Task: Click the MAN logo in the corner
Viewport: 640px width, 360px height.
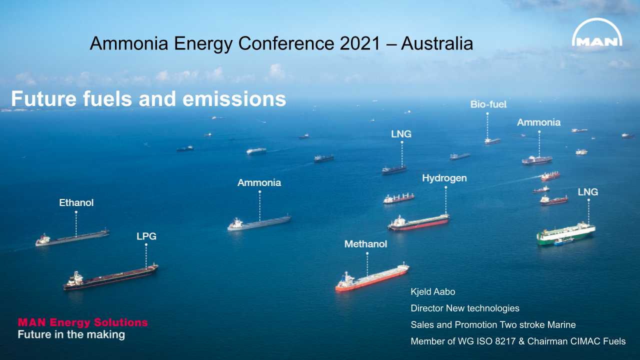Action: pos(597,35)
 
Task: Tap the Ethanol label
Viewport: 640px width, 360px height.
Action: pos(76,203)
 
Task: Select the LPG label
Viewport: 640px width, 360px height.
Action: pos(146,236)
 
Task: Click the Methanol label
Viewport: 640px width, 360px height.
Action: pos(365,244)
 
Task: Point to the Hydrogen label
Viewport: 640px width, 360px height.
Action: pos(444,178)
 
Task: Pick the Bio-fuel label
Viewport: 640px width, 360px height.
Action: pos(488,104)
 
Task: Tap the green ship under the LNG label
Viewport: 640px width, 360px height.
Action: pos(566,233)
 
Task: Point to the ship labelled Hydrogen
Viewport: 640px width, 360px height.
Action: pos(418,222)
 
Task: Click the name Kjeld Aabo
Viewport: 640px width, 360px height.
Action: pos(433,291)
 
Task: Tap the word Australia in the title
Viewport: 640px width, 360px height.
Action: pos(437,44)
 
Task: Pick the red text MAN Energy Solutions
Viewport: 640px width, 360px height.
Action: pos(83,322)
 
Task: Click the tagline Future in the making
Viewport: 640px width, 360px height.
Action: pos(71,334)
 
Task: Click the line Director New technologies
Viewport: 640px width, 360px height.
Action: pos(465,308)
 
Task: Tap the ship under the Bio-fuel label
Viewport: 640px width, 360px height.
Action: pos(492,141)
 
